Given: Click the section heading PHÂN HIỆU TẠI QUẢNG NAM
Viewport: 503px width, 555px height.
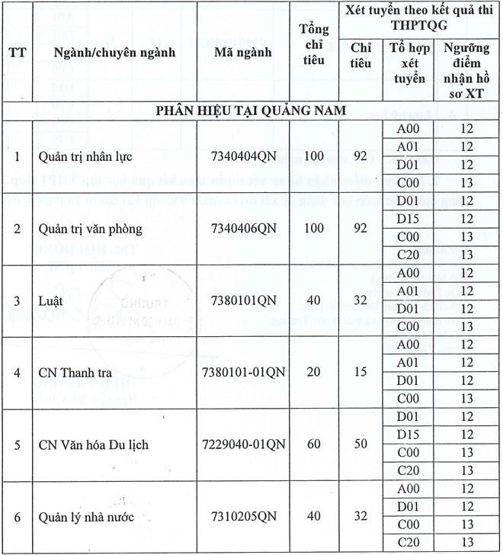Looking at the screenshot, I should tap(251, 111).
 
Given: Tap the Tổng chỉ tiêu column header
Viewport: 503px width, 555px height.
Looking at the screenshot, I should tap(313, 44).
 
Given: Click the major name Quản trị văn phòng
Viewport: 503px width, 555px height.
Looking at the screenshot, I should tap(89, 228).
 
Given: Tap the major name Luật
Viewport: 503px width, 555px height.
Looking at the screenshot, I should tap(51, 300).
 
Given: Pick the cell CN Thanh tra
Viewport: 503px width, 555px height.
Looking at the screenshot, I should tap(72, 373).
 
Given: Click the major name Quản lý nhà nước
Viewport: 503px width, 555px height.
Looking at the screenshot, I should tap(86, 517).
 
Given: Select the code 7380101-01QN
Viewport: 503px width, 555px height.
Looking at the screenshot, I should tap(244, 373).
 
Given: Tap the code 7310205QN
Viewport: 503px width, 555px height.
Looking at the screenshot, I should tap(244, 517).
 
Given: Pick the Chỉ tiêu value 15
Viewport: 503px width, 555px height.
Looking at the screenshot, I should tap(360, 373).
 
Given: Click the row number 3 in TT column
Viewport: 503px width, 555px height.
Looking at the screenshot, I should tap(18, 300).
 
